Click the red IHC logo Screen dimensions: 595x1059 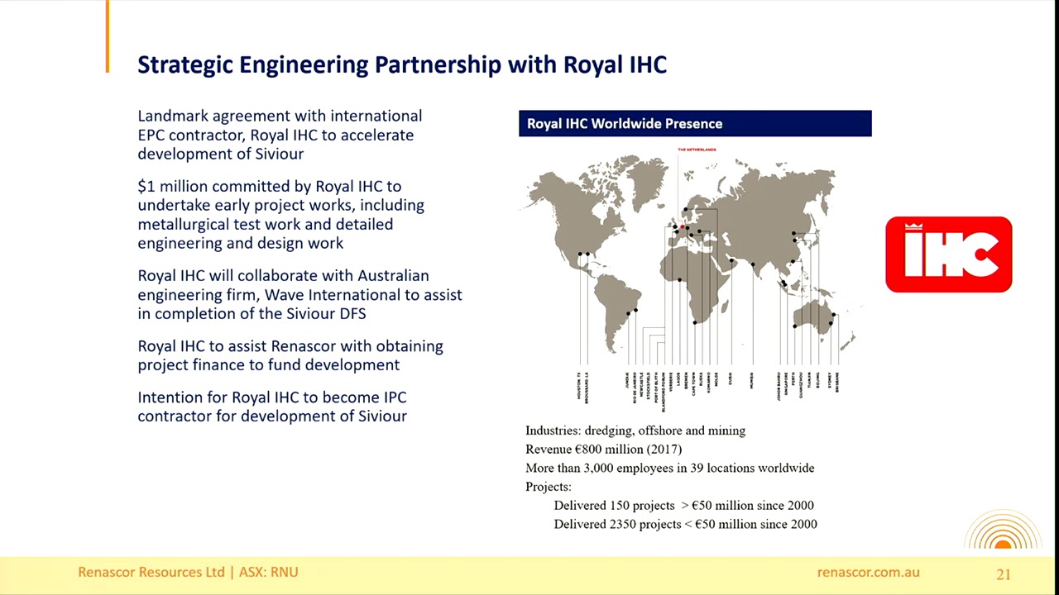pyautogui.click(x=948, y=255)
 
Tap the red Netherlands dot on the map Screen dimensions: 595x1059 pyautogui.click(x=683, y=224)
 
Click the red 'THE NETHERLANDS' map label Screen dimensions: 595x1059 pyautogui.click(x=697, y=150)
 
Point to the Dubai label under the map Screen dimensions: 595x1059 pyautogui.click(x=731, y=379)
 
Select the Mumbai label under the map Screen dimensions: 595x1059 pyautogui.click(x=752, y=381)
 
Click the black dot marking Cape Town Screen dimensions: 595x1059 pyautogui.click(x=695, y=322)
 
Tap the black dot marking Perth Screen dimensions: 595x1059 pyautogui.click(x=794, y=326)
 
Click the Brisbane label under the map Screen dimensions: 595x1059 pyautogui.click(x=837, y=382)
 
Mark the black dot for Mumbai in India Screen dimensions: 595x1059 pyautogui.click(x=753, y=264)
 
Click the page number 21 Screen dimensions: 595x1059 pyautogui.click(x=1004, y=574)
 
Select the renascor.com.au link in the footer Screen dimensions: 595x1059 pyautogui.click(x=868, y=572)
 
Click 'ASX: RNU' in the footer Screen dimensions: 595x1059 pyautogui.click(x=268, y=572)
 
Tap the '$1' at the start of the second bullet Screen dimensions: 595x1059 pyautogui.click(x=146, y=187)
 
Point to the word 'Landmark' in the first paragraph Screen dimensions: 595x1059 pyautogui.click(x=173, y=117)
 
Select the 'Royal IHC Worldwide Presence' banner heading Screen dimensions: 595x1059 pyautogui.click(x=625, y=124)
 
